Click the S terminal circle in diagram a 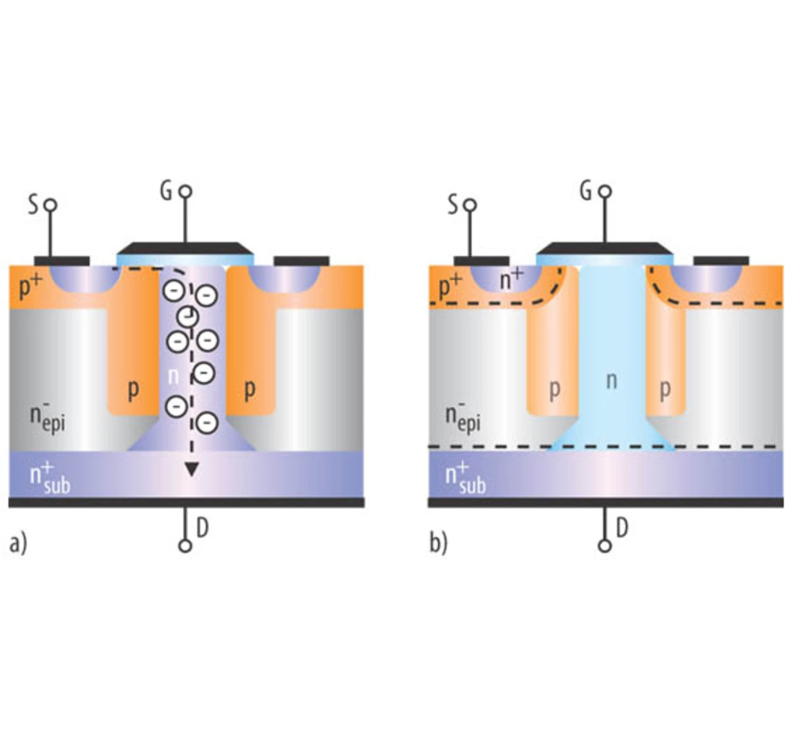[51, 204]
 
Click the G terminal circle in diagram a [185, 191]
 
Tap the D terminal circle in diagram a [184, 546]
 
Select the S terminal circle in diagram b [470, 204]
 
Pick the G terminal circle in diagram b [605, 191]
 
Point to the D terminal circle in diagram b [604, 546]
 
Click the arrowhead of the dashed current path [191, 470]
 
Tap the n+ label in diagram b [511, 280]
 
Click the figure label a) [18, 543]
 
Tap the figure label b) [438, 543]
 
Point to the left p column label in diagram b [555, 389]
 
